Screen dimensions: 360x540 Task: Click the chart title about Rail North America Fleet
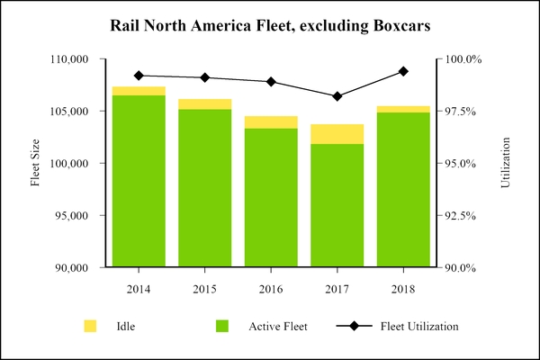click(x=270, y=23)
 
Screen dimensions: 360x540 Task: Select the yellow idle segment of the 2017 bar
click(x=337, y=134)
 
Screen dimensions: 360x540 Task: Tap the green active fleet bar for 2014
click(x=139, y=181)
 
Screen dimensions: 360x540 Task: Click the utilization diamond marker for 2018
click(x=403, y=71)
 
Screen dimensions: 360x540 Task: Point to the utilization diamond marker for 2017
click(x=337, y=96)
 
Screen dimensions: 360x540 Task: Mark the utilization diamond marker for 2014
click(x=139, y=76)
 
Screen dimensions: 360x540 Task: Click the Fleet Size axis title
click(x=36, y=164)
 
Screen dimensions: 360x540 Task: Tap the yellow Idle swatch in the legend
click(x=90, y=326)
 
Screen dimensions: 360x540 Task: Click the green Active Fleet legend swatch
click(x=222, y=326)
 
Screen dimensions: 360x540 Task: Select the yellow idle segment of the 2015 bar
click(x=204, y=104)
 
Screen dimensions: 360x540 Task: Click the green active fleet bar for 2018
click(x=403, y=190)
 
